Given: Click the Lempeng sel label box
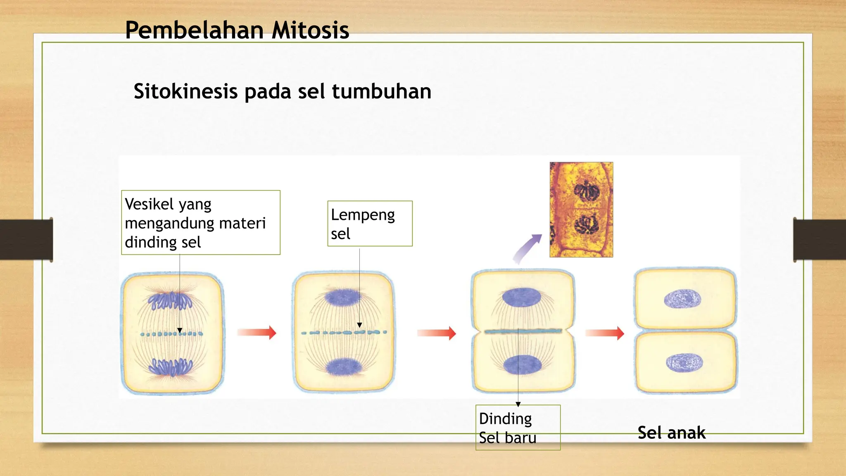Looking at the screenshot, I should coord(370,224).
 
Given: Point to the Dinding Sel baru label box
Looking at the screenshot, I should coord(518,428).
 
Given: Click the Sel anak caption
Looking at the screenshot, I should coord(671,433).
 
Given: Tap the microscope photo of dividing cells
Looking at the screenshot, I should coord(581,209).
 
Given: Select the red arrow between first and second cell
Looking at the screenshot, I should coord(257,332).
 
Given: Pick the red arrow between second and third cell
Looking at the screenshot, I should coord(436,333).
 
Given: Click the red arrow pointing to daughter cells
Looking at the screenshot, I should coord(604,333).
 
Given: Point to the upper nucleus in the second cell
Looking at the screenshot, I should coord(342,297).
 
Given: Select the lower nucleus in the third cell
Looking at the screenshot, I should coord(523,365).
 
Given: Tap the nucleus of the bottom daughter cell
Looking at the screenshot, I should coord(684,363).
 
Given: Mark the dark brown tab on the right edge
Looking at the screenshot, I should coord(819,240).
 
